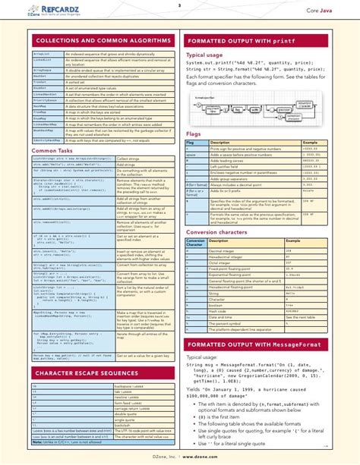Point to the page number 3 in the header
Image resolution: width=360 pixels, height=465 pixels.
(179, 5)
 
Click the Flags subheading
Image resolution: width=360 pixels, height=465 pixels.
(194, 134)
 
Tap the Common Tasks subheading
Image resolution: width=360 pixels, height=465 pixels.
(55, 151)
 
